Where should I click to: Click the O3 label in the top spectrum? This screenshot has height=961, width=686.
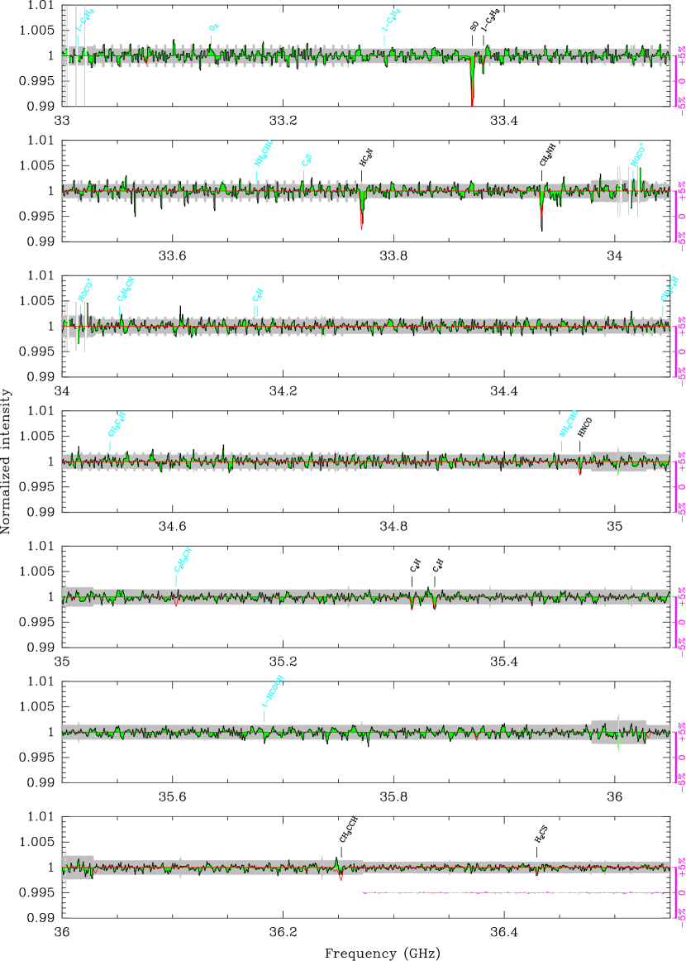point(214,27)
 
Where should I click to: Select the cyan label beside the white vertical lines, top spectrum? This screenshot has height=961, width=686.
point(84,19)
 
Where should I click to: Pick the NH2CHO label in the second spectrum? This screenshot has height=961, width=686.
point(263,153)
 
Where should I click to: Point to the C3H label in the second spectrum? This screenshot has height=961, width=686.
point(307,160)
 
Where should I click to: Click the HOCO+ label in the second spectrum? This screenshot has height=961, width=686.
point(636,154)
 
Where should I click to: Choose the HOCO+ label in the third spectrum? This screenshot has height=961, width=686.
point(84,290)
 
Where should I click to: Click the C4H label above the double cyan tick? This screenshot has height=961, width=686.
point(258,294)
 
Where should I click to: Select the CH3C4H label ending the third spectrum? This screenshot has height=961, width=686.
point(669,289)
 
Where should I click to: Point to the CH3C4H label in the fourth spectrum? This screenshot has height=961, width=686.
point(117,424)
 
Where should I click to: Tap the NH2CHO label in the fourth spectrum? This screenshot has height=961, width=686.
point(568,423)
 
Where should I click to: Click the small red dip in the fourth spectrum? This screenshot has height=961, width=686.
point(579,472)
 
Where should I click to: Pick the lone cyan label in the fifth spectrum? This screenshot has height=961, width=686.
point(183,560)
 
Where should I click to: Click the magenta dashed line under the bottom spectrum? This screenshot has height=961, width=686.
point(512,893)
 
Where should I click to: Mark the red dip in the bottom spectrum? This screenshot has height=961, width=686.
point(341,877)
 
